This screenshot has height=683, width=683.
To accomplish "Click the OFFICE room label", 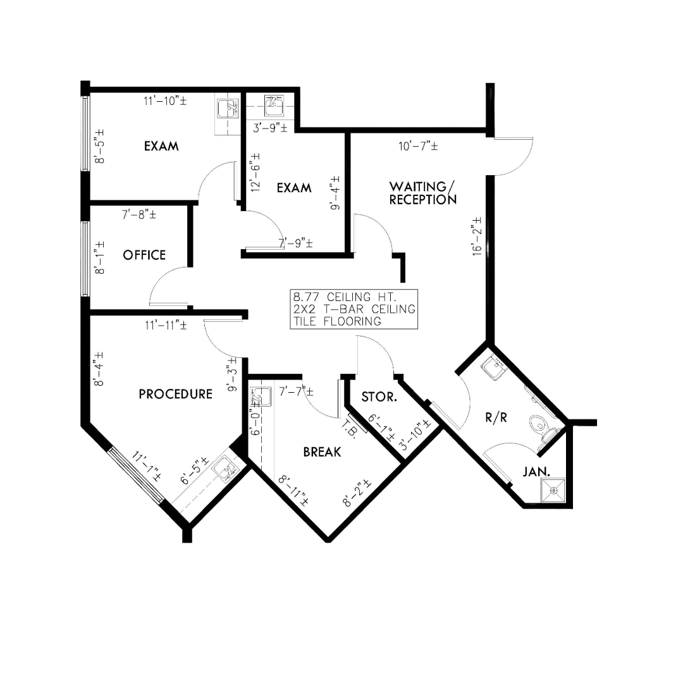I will pyautogui.click(x=144, y=255).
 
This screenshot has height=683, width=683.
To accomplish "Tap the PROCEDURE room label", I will pyautogui.click(x=175, y=394).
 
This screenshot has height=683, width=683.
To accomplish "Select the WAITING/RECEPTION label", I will pyautogui.click(x=422, y=193).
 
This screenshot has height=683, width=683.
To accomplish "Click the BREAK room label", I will pyautogui.click(x=322, y=452).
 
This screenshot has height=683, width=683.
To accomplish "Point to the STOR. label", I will pyautogui.click(x=379, y=397).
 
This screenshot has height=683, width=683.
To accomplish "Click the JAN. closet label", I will pyautogui.click(x=536, y=471).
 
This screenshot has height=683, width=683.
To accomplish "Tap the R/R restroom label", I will pyautogui.click(x=496, y=418).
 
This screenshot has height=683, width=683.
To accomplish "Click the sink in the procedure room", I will pyautogui.click(x=225, y=469).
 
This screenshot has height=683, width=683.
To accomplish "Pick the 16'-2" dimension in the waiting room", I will pyautogui.click(x=477, y=235).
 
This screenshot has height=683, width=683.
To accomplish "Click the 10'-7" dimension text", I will pyautogui.click(x=418, y=147).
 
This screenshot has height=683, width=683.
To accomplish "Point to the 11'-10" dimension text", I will pyautogui.click(x=165, y=100).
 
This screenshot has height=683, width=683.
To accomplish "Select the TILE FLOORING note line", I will pyautogui.click(x=336, y=321).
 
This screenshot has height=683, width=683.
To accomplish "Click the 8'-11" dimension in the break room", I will pyautogui.click(x=295, y=489).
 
